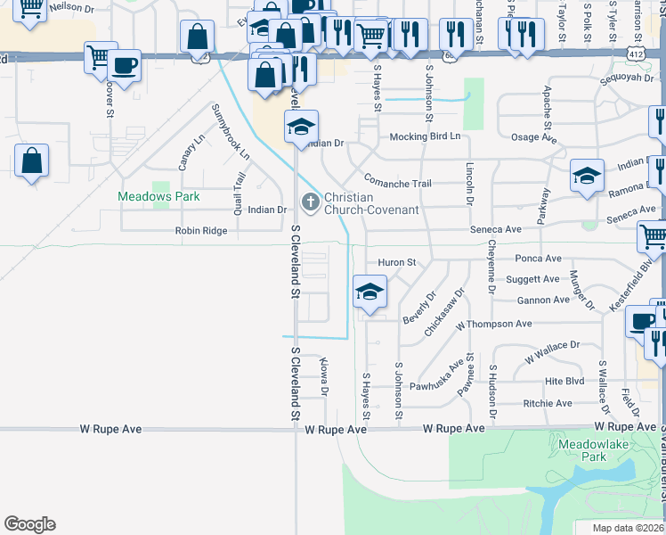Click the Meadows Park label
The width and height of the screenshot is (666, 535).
159,196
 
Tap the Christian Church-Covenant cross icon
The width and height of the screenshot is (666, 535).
311,203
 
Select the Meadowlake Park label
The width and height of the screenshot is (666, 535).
582,449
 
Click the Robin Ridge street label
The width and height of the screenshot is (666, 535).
201,231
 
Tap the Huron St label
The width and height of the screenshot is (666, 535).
397,263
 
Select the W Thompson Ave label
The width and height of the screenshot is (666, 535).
493,324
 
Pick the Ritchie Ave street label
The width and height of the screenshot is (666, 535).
548,404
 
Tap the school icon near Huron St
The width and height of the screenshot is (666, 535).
370,292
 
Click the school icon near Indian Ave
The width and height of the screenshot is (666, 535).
588,175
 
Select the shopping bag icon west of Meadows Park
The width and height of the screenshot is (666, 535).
31,161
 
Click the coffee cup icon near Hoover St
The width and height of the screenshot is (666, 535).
125,65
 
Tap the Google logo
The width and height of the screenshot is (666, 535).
29,524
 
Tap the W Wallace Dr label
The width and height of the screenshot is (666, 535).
552,351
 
